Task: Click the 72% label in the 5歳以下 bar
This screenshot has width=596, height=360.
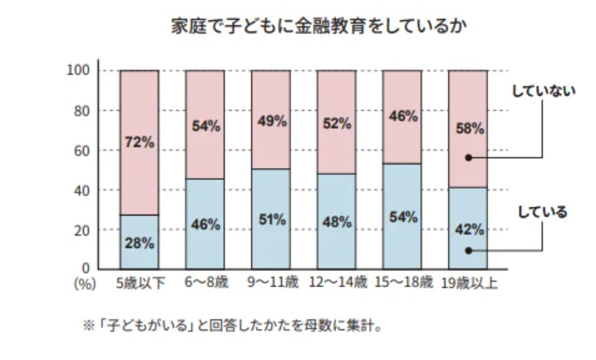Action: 140,142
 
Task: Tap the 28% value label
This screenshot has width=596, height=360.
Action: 140,243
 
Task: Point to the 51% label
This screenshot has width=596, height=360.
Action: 271,220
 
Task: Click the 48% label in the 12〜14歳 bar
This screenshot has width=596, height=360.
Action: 337,222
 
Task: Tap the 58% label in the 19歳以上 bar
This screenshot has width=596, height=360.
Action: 468,129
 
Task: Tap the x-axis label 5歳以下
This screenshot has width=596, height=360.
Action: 140,284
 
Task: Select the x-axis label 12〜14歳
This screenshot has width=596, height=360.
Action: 337,284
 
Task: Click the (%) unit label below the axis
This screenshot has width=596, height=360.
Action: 85,284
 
